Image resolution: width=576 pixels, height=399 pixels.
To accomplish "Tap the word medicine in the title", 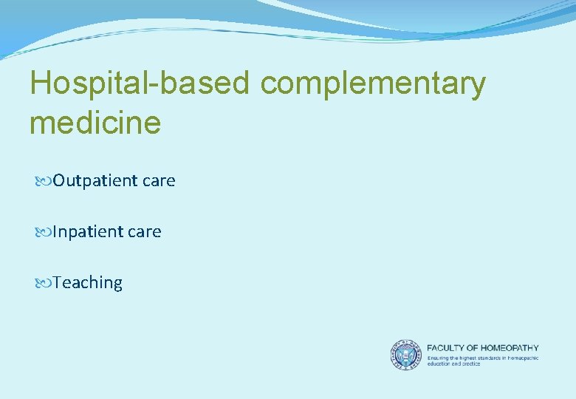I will pos(95,122).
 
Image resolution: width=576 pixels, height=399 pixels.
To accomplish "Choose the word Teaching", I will pos(87,283).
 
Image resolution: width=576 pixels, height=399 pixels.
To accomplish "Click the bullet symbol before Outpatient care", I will pos(41,181).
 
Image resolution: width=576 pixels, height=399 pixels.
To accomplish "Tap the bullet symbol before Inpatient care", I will pos(41,232).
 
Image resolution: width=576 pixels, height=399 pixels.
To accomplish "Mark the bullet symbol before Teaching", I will pos(41,283).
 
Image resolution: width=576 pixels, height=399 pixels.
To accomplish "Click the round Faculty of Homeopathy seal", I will pos(405,355).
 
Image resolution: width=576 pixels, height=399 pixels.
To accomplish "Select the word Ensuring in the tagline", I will pos(437,358).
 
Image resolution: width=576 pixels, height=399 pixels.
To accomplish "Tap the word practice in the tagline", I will pos(470,364).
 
